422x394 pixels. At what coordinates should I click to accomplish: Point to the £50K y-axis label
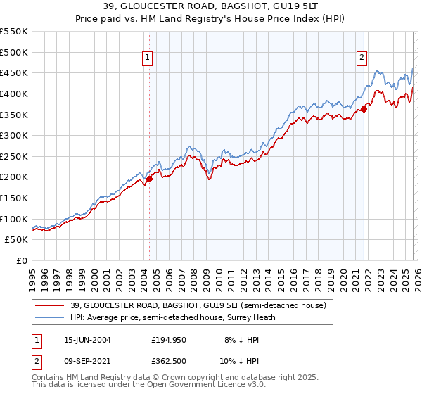click(x=17, y=240)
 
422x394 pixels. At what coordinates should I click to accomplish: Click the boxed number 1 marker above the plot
click(x=148, y=58)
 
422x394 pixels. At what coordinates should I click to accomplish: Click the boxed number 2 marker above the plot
click(x=362, y=58)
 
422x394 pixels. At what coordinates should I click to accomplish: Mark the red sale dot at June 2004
click(x=149, y=179)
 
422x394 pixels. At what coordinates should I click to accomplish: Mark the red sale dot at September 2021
click(x=364, y=109)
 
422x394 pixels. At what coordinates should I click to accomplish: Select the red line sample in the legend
click(x=49, y=306)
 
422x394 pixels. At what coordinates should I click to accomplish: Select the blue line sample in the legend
click(x=49, y=317)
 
